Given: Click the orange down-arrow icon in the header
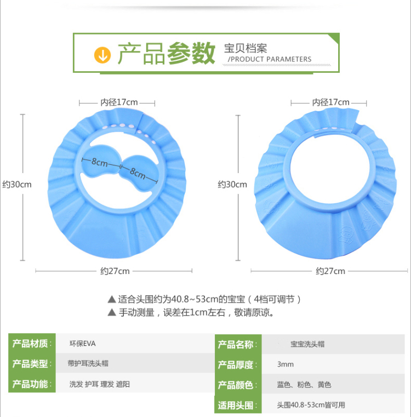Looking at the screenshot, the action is click(x=102, y=54).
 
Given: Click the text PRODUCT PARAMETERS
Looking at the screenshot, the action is click(x=270, y=60).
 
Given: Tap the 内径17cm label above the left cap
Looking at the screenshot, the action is click(x=118, y=102).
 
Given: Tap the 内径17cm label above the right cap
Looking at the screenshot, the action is click(x=330, y=102).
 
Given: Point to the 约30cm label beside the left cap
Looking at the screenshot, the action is click(x=17, y=185).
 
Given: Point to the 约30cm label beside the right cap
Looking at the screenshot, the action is click(x=232, y=185).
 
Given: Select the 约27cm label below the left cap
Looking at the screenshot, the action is click(x=115, y=271).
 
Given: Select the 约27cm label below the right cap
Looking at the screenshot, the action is click(x=330, y=271).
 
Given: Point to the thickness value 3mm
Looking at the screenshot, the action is click(x=286, y=364).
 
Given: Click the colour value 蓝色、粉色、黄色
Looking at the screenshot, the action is click(x=304, y=385).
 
